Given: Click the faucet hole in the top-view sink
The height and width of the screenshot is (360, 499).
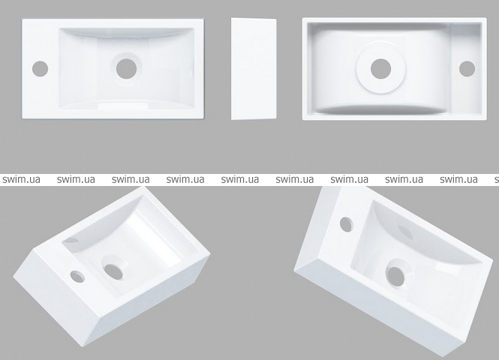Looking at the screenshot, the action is point(40,69).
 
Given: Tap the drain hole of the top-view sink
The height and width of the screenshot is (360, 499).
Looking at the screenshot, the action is point(126,69).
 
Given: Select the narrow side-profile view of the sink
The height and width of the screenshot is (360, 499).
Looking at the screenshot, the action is point(254,69).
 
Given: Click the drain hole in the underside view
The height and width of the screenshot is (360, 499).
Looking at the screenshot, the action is point(381,69).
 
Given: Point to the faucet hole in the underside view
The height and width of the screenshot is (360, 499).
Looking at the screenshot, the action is point(467,69).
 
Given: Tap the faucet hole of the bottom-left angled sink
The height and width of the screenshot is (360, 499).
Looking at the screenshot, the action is point(77,276).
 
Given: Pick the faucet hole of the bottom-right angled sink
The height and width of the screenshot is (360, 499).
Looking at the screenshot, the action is point(346,224).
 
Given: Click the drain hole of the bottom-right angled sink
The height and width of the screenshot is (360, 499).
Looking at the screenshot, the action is point(395,276).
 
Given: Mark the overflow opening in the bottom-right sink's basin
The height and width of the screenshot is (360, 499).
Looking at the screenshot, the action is point(405,232).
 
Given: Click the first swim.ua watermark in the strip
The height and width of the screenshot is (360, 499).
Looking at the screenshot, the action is point(21,179).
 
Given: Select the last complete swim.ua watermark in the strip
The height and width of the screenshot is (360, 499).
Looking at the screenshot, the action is point(458,179).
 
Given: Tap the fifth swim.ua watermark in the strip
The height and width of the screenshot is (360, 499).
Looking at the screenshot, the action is point(240,179).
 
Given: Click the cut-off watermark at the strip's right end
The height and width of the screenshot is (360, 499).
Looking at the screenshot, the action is point(497,180).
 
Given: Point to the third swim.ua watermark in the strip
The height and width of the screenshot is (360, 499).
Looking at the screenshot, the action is point(131,179).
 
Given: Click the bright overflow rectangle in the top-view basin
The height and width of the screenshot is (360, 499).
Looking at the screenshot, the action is point(123,106).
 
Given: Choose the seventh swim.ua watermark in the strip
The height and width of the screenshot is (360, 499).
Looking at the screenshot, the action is point(349,179).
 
